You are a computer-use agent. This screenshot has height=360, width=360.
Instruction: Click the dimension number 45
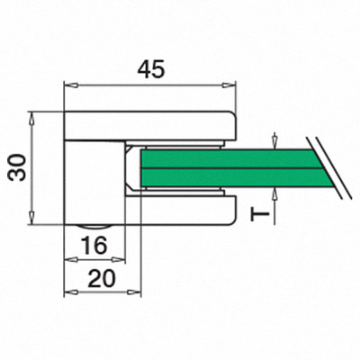point(151,69)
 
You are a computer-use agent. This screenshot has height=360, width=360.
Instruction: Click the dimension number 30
point(17,167)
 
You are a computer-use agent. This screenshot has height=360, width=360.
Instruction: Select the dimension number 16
point(94,246)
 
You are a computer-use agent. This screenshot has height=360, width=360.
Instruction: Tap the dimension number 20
point(102,278)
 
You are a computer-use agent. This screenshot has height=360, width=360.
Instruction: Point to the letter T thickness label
point(260,214)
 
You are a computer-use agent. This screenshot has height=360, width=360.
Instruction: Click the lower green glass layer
point(237,178)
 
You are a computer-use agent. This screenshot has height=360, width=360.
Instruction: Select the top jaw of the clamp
point(150,126)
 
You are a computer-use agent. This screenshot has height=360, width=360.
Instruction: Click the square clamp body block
point(94,183)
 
